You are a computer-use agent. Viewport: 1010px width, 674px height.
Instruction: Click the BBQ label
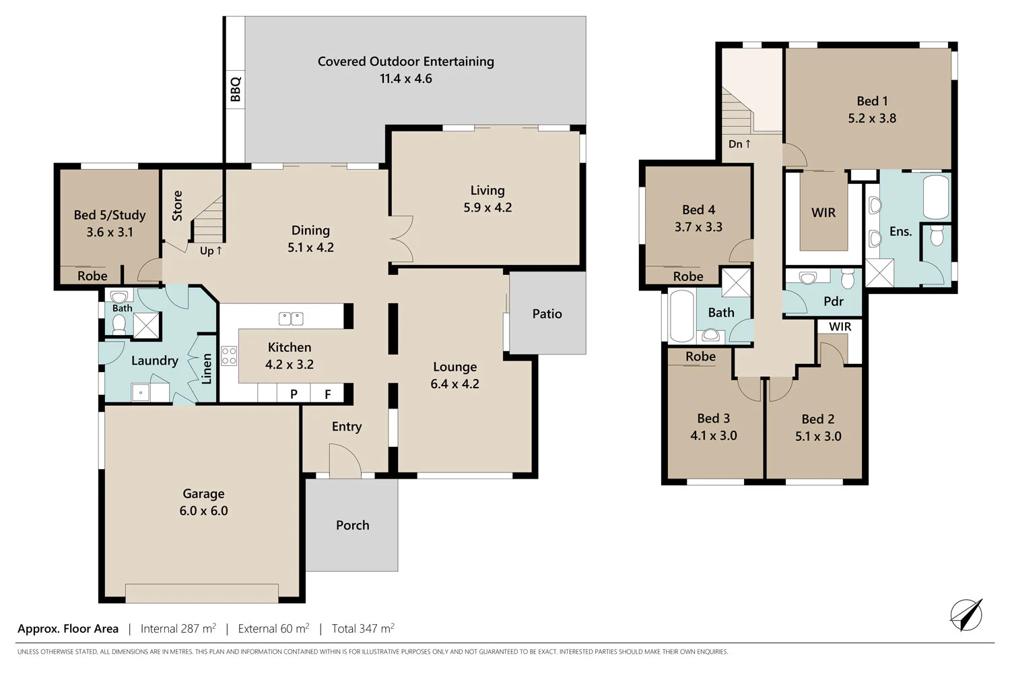pos(236,90)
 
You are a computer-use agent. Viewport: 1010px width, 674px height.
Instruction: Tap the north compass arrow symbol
pos(966,615)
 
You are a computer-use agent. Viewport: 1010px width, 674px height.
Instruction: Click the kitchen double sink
pos(291,319)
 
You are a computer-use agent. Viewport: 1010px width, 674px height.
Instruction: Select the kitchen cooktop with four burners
pos(229,355)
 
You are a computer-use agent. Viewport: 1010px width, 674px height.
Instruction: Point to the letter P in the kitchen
pos(294,394)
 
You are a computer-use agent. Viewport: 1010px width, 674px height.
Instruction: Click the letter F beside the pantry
pos(328,394)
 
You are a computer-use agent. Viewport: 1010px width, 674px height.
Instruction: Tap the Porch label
pos(353,525)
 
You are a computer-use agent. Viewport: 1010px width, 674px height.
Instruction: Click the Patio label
pos(547,314)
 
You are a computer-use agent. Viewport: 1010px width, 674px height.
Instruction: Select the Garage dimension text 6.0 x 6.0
pos(204,511)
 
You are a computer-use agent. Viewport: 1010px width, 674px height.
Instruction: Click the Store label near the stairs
pos(178,206)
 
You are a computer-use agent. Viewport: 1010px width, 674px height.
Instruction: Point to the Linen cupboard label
pos(207,369)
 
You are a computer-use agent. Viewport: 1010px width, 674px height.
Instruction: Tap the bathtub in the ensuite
pos(936,197)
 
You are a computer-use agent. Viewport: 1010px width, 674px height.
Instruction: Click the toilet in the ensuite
pos(937,236)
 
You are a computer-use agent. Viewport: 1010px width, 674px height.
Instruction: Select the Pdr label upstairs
pos(834,301)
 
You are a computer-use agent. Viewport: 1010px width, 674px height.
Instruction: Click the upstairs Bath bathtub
pos(681,317)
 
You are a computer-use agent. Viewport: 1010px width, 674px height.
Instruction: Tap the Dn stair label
pos(739,144)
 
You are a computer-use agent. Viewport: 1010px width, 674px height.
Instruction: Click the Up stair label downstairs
pos(211,251)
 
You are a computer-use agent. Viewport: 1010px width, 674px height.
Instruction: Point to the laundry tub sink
pos(141,392)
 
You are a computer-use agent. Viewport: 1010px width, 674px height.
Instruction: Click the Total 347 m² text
pos(363,628)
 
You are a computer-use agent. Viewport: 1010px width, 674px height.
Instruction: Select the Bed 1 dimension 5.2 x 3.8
pos(872,118)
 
